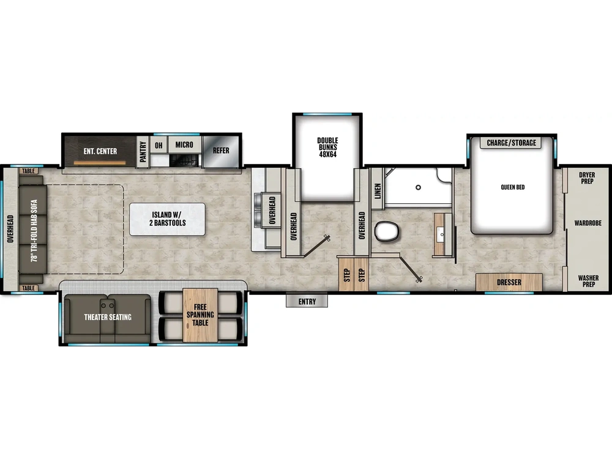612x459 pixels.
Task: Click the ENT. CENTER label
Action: click(x=100, y=151)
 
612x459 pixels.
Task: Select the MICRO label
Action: click(x=184, y=145)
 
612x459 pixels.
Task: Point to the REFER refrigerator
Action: click(x=221, y=151)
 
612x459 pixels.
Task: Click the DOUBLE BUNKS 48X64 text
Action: click(x=327, y=147)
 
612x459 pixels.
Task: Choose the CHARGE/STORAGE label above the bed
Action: click(x=511, y=143)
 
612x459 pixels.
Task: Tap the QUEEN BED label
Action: click(x=512, y=187)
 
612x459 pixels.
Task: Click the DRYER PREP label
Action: click(x=587, y=178)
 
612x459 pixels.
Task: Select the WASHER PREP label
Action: click(x=587, y=281)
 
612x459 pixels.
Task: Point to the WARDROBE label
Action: click(x=588, y=223)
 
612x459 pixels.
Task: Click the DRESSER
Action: click(x=509, y=282)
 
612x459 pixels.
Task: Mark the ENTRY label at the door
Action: click(x=307, y=301)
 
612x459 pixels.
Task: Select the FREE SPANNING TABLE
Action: click(x=201, y=315)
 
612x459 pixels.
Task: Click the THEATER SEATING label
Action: click(x=107, y=317)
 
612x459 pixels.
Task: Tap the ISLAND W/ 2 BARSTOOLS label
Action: click(x=167, y=219)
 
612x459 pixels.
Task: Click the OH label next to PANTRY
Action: click(x=159, y=145)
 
